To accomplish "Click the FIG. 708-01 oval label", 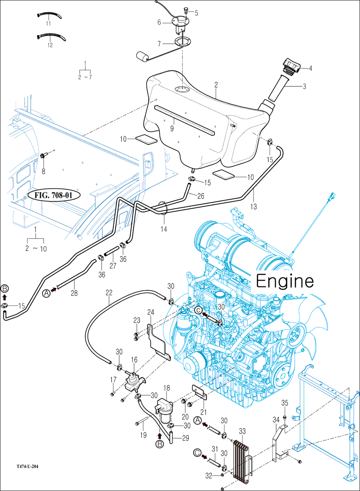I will tap(54, 195).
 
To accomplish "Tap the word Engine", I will tap(285, 281).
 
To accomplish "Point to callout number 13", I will tap(254, 206).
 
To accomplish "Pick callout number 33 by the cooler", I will tap(242, 431).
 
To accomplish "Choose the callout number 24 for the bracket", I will tap(151, 312).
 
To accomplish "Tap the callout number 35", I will tap(285, 403).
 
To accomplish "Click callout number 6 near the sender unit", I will tap(159, 22).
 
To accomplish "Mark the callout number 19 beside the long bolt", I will tap(143, 435).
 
